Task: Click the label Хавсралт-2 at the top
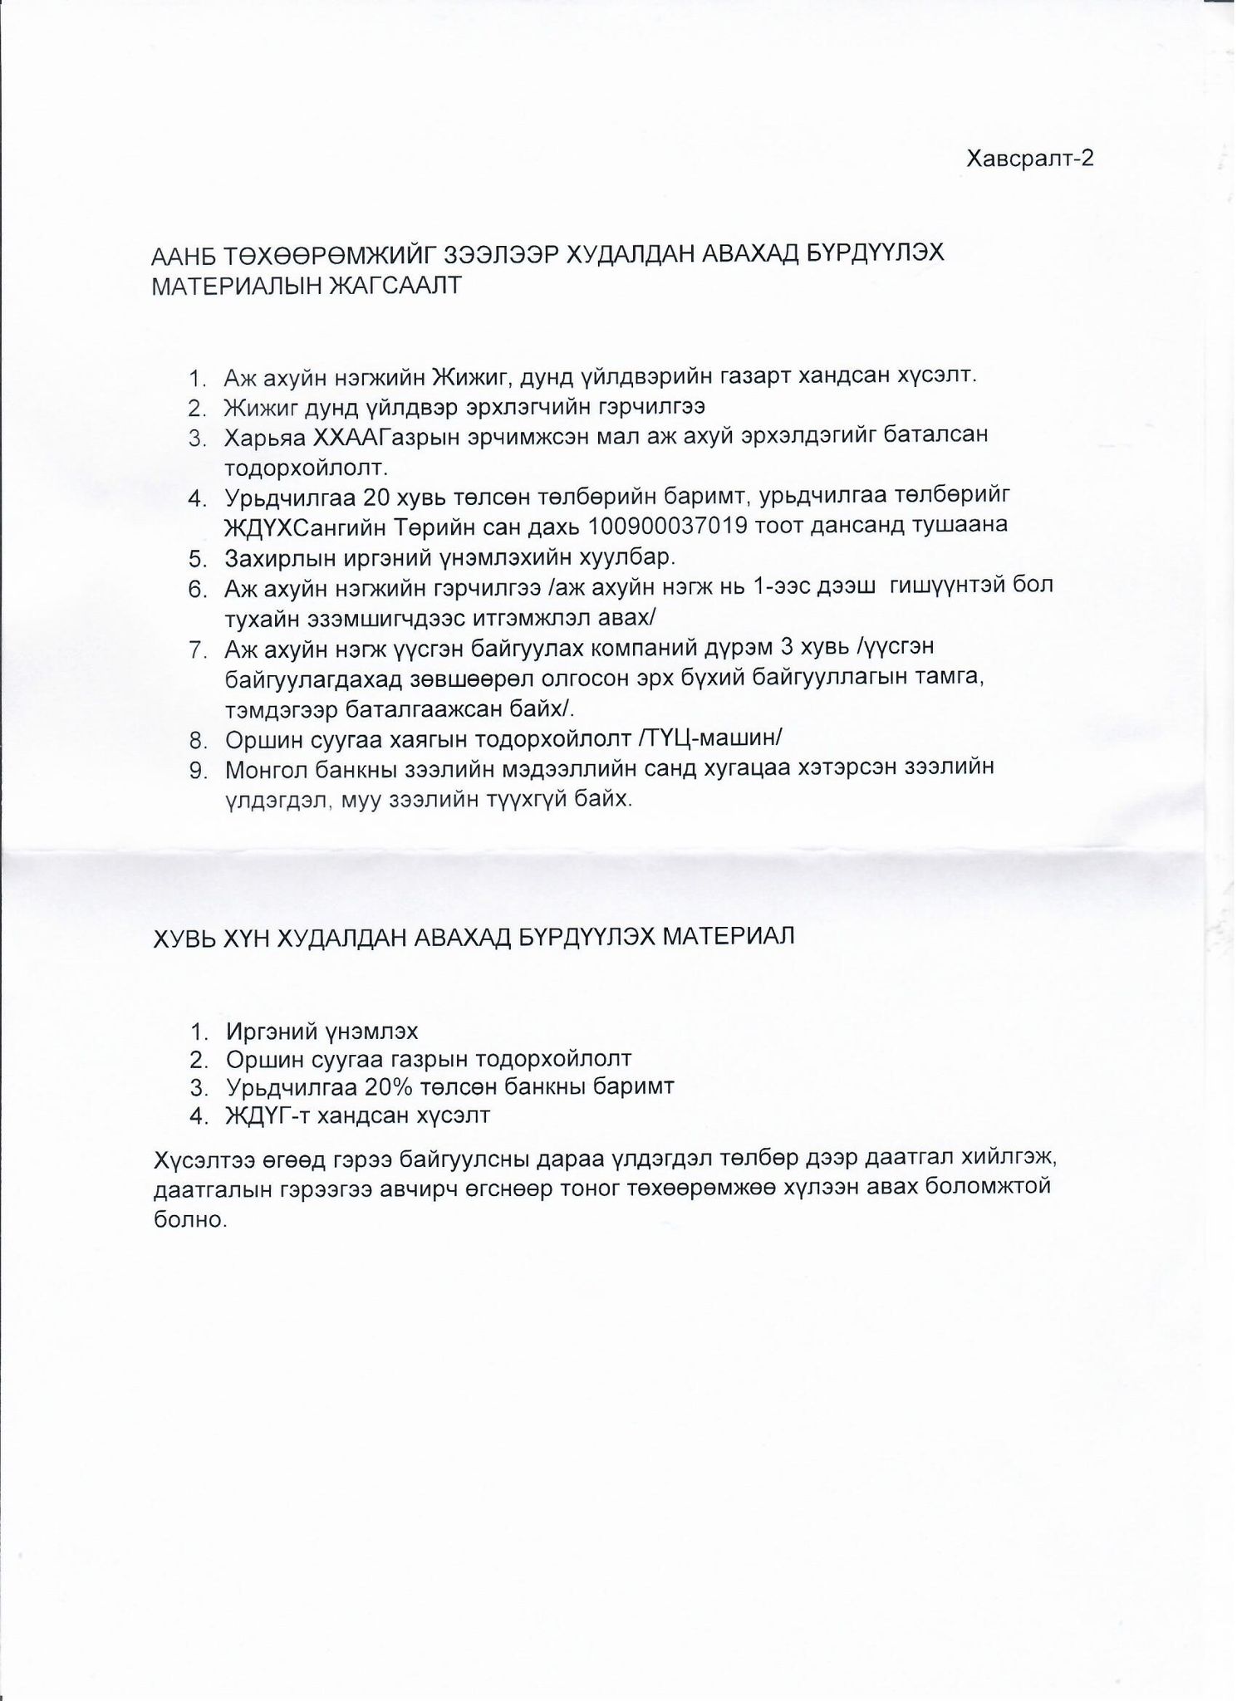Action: click(x=1029, y=159)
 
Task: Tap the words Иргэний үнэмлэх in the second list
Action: click(x=322, y=1032)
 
